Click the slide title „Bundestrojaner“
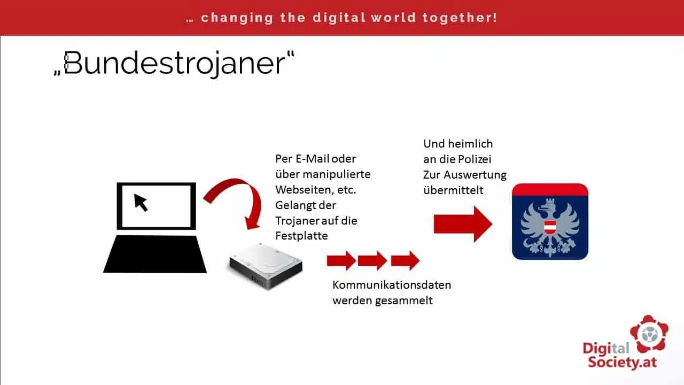point(174,64)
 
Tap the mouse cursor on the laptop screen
point(141,202)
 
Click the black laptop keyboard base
point(155,254)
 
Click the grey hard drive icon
point(266,266)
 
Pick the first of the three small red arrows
point(341,260)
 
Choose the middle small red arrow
point(372,260)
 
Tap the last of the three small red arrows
point(405,260)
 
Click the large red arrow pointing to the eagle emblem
point(463,224)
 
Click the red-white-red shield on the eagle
point(550,227)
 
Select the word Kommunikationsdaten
point(392,285)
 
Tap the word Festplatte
point(301,236)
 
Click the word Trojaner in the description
point(297,221)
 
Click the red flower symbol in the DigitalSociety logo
point(649,334)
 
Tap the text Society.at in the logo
point(623,363)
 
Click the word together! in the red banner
point(460,18)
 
